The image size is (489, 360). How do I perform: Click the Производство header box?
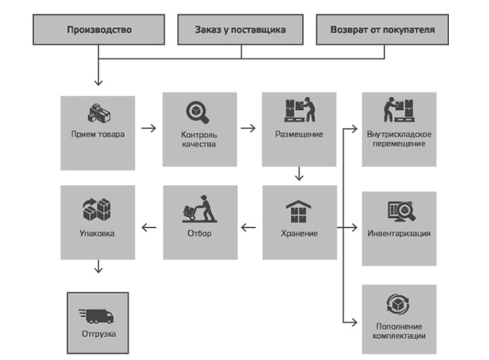[x=99, y=30]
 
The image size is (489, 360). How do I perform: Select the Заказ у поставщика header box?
[x=240, y=30]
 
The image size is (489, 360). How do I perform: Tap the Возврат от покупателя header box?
[x=382, y=30]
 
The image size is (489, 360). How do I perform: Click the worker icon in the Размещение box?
[x=299, y=110]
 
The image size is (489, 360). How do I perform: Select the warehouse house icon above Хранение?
[x=299, y=211]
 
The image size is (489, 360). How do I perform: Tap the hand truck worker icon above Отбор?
[x=198, y=211]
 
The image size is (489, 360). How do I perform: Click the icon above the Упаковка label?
[x=97, y=210]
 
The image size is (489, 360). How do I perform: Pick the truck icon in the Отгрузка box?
[x=97, y=315]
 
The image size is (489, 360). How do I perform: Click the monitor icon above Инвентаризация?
[x=400, y=211]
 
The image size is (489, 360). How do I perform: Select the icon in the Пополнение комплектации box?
[x=399, y=303]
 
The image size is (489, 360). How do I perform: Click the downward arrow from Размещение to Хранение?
[x=300, y=175]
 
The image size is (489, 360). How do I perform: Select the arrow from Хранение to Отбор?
[x=249, y=228]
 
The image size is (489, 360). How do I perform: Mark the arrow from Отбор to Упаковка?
[x=149, y=228]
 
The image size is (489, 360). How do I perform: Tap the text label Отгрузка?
[x=98, y=335]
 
